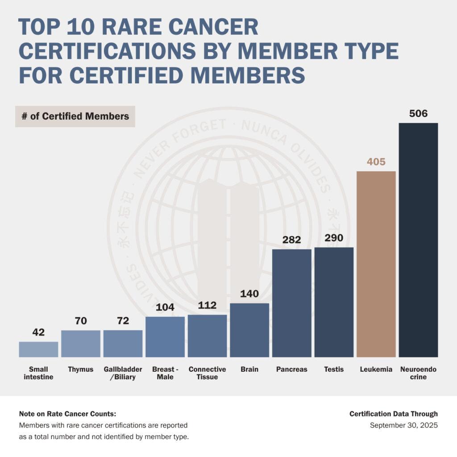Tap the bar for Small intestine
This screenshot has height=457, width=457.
[38, 349]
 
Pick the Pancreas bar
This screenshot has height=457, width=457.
[292, 303]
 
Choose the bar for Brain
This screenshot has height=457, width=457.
[249, 330]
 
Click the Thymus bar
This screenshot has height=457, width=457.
[81, 344]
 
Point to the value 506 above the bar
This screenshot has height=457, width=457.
[418, 113]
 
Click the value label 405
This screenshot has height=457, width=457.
[376, 162]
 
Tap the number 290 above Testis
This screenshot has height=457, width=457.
[334, 238]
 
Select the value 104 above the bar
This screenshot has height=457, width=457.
[165, 307]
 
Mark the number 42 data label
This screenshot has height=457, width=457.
[38, 332]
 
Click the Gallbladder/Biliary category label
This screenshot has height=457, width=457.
[123, 373]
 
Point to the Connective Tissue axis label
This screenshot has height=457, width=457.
[207, 373]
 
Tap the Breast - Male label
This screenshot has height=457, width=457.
[165, 373]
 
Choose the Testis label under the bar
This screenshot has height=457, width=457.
[334, 370]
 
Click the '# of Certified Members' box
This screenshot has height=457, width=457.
[75, 116]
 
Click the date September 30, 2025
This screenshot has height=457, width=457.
[404, 425]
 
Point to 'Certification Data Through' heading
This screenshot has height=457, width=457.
[394, 414]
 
